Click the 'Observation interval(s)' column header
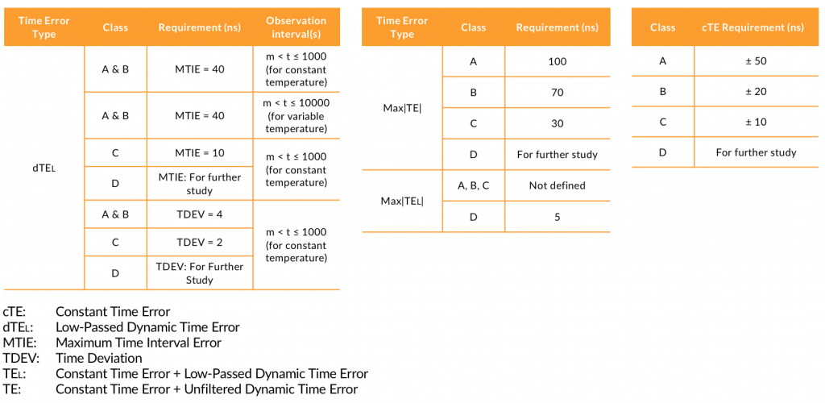(296, 27)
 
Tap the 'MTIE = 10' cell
(200, 153)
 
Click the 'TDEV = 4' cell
(200, 214)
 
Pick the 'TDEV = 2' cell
(200, 243)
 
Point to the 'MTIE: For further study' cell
(200, 184)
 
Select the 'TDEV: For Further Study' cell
(200, 273)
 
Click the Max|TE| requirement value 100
(557, 61)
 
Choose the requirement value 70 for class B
(557, 93)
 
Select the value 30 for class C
(557, 123)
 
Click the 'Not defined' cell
(557, 185)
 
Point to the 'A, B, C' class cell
(473, 185)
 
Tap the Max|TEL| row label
(402, 201)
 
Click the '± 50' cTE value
(756, 61)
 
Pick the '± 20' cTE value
(756, 92)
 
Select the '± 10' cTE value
(756, 122)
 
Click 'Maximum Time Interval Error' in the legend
(139, 343)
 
